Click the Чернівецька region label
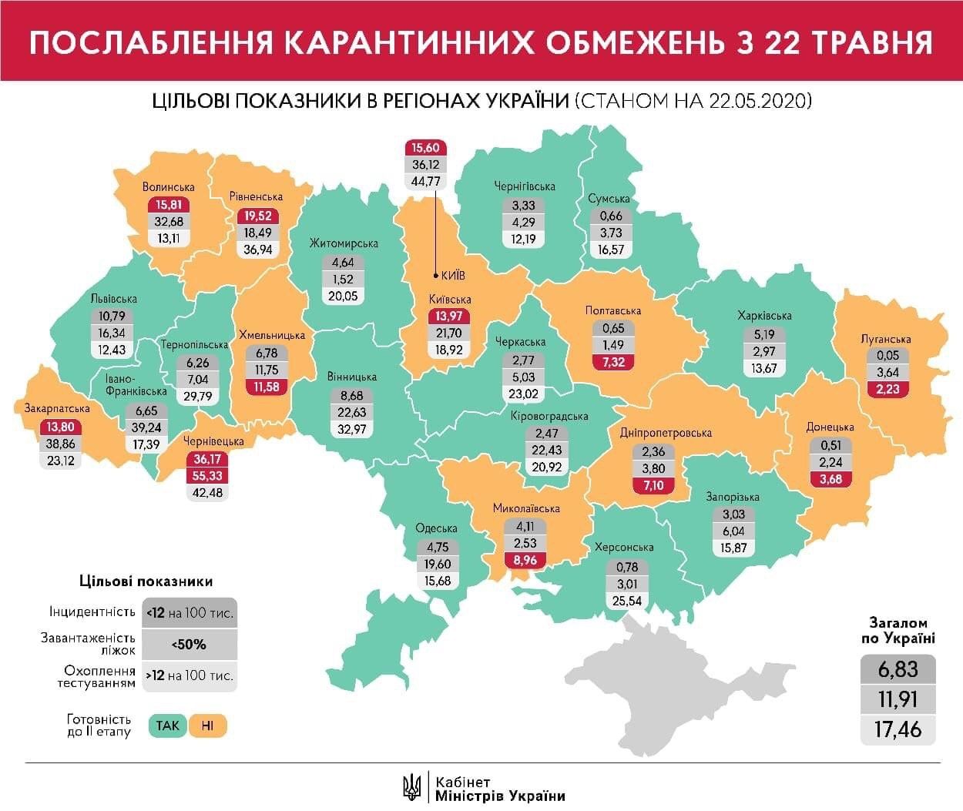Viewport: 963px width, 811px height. [213, 441]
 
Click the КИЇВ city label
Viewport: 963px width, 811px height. [453, 275]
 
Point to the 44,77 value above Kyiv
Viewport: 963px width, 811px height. [425, 182]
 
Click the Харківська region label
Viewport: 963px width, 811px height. [763, 315]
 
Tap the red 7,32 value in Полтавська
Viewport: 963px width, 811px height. [613, 362]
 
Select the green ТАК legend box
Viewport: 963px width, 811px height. [167, 726]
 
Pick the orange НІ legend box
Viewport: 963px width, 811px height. [208, 726]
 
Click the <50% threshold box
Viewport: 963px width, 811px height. [190, 644]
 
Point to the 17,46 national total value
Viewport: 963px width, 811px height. [898, 729]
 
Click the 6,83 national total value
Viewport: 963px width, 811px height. [898, 669]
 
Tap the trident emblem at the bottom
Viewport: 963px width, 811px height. [413, 787]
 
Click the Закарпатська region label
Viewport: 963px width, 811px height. [57, 408]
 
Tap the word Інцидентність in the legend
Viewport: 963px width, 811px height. [92, 612]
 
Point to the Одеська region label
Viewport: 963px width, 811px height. [436, 528]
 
